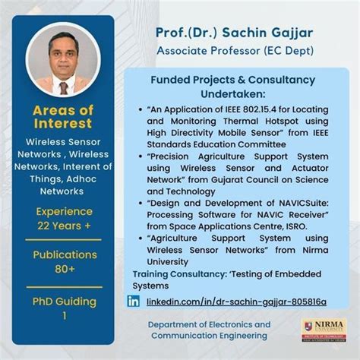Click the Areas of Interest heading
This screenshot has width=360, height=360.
(64, 117)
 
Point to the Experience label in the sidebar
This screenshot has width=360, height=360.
(64, 211)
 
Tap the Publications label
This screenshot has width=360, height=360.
(64, 255)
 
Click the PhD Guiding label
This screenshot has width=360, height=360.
(64, 302)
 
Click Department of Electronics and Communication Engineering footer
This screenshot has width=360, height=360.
(209, 330)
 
